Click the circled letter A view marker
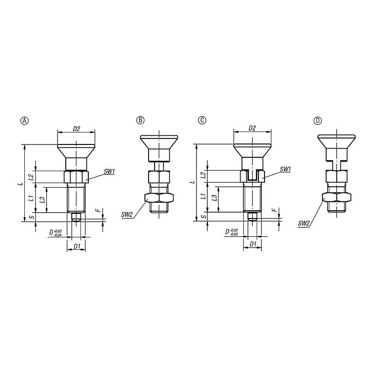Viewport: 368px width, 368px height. (x=25, y=121)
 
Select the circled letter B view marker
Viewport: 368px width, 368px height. (x=140, y=120)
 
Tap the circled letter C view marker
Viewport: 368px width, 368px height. (x=202, y=120)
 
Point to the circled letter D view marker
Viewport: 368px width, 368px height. (x=317, y=121)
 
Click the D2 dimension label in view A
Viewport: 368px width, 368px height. (x=76, y=129)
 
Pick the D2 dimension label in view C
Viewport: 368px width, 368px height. (x=252, y=128)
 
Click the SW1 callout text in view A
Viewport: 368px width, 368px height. (x=109, y=172)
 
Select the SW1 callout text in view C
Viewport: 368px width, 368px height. (x=285, y=169)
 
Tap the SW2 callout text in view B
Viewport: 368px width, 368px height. (x=127, y=214)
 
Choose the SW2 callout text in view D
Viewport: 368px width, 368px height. (x=304, y=224)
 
